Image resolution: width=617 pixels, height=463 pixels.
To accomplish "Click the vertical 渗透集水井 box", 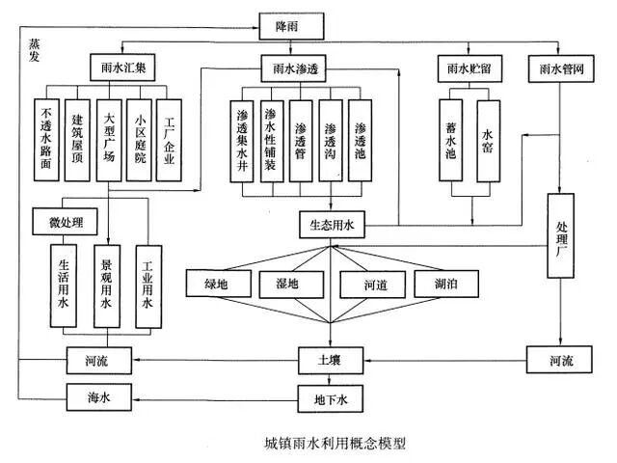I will tap(244, 141).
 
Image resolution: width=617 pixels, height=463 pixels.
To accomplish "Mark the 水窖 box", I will tap(488, 141).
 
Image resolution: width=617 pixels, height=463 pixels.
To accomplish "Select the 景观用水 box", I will tap(109, 281).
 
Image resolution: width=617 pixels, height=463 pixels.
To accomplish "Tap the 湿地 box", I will tap(287, 285).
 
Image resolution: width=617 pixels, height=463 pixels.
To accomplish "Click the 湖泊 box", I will tap(442, 285).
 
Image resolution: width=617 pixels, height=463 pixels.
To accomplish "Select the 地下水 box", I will tap(331, 395).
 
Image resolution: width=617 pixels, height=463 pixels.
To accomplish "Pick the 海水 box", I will tap(95, 395).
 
